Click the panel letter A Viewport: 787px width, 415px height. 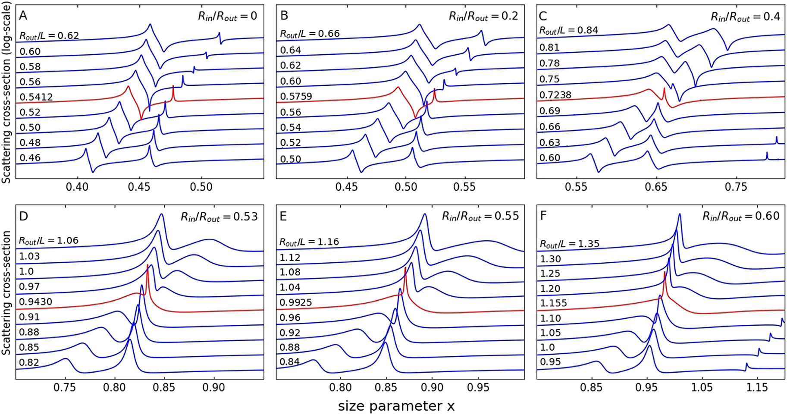[x=23, y=16]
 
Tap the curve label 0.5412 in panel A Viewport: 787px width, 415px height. [x=36, y=97]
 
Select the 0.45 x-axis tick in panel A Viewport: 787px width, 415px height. [x=139, y=187]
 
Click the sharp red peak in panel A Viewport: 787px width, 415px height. [x=173, y=88]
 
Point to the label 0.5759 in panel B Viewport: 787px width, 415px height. [x=296, y=96]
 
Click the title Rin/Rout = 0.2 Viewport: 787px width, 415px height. [x=483, y=16]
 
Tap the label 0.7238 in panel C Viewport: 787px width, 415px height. [x=555, y=95]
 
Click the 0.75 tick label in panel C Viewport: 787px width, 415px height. [x=736, y=187]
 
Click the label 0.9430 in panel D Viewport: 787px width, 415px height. [x=35, y=302]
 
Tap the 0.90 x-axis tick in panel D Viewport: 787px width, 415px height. [x=214, y=387]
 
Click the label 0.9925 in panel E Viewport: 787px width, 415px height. [x=296, y=302]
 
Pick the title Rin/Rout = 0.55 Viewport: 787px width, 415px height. [x=480, y=216]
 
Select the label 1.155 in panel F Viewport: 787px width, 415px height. [x=553, y=303]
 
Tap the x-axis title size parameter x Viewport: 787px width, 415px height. [x=396, y=406]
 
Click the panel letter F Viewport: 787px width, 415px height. [x=543, y=216]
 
